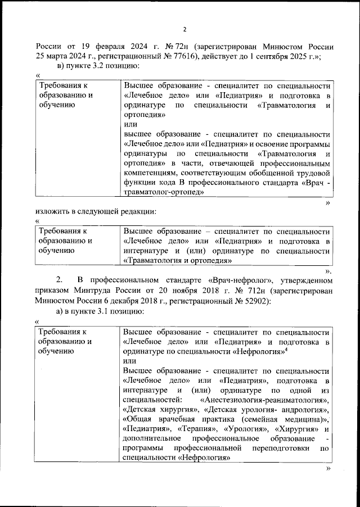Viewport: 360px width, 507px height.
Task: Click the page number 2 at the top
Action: point(184,30)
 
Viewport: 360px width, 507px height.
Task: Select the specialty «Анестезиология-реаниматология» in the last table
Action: point(263,400)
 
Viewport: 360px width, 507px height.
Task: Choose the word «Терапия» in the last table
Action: point(194,431)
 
